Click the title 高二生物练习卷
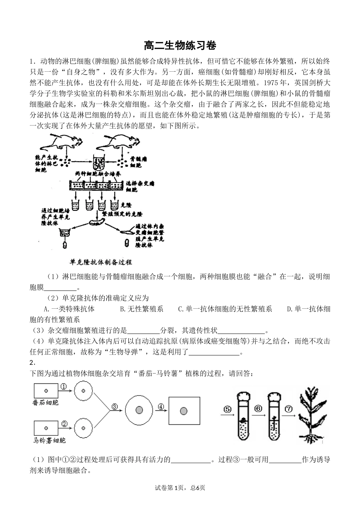point(180,46)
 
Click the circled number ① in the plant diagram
point(63,386)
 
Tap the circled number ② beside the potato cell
point(64,424)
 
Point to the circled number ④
point(161,407)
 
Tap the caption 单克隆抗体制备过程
point(101,262)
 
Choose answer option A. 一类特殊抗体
point(69,309)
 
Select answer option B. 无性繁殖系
point(141,309)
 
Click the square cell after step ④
point(184,411)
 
